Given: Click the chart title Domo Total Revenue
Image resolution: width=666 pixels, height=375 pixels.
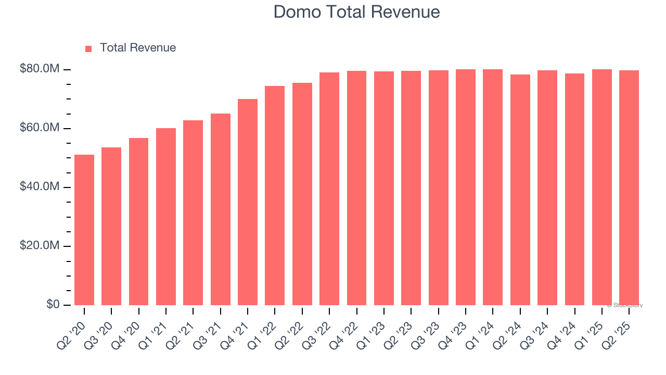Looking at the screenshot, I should click(x=356, y=12).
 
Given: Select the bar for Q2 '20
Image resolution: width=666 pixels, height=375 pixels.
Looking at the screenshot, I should click(x=84, y=230).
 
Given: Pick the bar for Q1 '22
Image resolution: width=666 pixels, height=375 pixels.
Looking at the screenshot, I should click(x=275, y=195).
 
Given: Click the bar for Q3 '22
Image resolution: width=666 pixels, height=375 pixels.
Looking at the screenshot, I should click(x=329, y=189).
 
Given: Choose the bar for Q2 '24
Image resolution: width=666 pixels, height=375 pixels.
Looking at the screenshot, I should click(x=520, y=190).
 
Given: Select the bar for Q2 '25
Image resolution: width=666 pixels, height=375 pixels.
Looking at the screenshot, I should click(x=629, y=187).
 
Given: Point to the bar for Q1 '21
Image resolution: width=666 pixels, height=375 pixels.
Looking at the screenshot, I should click(x=166, y=217).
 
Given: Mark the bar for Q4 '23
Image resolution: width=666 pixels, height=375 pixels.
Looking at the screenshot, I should click(x=466, y=187).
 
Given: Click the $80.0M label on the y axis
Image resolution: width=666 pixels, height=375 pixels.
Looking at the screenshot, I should click(x=40, y=69).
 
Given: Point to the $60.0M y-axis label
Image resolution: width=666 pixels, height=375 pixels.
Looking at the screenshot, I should click(x=40, y=128).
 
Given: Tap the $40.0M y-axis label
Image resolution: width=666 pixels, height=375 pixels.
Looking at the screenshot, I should click(x=40, y=187).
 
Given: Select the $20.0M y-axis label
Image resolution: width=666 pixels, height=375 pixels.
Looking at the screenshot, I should click(x=40, y=246).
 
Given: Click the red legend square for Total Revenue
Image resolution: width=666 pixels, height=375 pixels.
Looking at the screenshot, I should click(x=88, y=49).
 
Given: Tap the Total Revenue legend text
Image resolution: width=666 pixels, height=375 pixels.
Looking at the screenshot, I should click(x=138, y=48).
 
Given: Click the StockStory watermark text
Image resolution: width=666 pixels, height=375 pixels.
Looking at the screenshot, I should click(x=625, y=305).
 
